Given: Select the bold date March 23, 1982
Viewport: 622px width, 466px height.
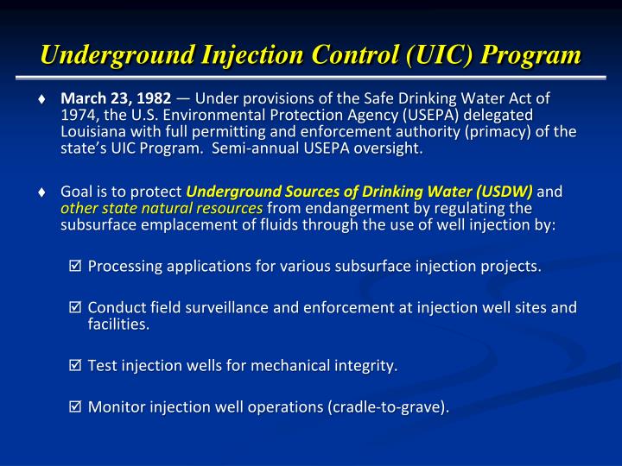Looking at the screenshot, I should [116, 99].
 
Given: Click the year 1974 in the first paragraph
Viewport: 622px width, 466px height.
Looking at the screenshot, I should [75, 116].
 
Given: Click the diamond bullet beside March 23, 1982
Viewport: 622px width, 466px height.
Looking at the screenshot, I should [43, 99].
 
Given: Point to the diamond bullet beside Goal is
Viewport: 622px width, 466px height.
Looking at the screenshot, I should [43, 192].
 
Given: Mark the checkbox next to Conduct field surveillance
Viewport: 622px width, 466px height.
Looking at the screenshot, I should [75, 308].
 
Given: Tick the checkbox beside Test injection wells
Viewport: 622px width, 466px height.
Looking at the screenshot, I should [75, 367].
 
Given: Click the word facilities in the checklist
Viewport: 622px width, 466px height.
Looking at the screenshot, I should [117, 324].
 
